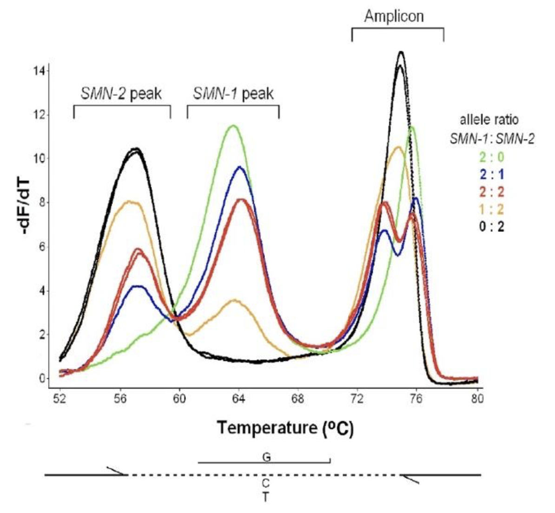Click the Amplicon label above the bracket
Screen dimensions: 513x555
(x=394, y=16)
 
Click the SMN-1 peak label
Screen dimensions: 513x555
(x=233, y=94)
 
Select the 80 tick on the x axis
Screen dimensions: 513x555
(x=477, y=398)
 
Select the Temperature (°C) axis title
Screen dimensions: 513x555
(x=285, y=427)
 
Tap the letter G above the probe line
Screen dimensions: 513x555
(x=266, y=457)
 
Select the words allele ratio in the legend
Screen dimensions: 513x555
(x=489, y=120)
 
